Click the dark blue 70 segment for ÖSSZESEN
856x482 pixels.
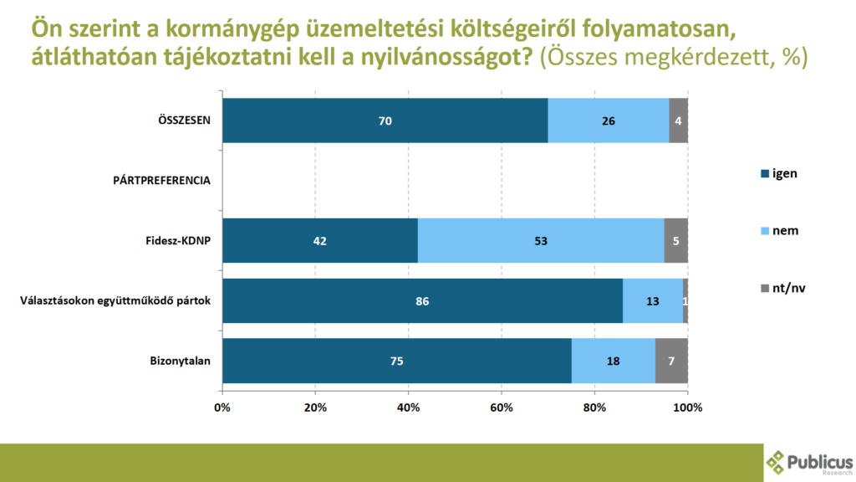point(385,120)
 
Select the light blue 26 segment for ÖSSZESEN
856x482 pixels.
point(608,120)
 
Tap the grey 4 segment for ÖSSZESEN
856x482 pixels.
point(678,120)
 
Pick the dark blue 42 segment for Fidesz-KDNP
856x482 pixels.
point(319,241)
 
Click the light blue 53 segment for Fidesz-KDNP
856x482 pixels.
point(541,241)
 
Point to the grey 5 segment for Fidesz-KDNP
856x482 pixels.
point(675,241)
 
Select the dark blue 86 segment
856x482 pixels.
point(422,301)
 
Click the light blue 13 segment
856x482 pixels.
point(653,301)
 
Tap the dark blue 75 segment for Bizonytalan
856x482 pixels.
point(396,361)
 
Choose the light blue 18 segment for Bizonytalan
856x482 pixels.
point(613,361)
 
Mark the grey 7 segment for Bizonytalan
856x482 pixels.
point(671,361)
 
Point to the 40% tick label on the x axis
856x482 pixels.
point(408,408)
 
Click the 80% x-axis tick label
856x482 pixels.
point(594,408)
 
